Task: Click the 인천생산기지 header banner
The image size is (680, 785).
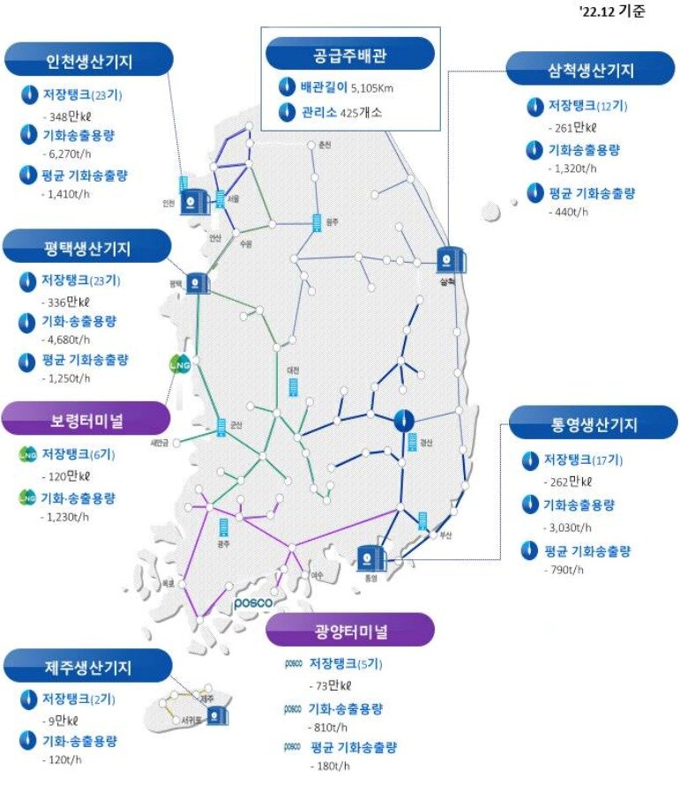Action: click(x=89, y=63)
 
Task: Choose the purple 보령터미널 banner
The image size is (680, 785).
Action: click(x=86, y=419)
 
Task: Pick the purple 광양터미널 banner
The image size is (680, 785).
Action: click(x=350, y=631)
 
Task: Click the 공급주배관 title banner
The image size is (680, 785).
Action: click(x=350, y=54)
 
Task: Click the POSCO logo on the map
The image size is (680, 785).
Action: click(x=256, y=604)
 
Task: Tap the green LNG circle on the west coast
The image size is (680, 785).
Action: click(x=180, y=363)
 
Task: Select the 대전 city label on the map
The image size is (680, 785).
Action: click(x=293, y=370)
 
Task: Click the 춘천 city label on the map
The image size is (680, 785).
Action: click(x=325, y=145)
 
